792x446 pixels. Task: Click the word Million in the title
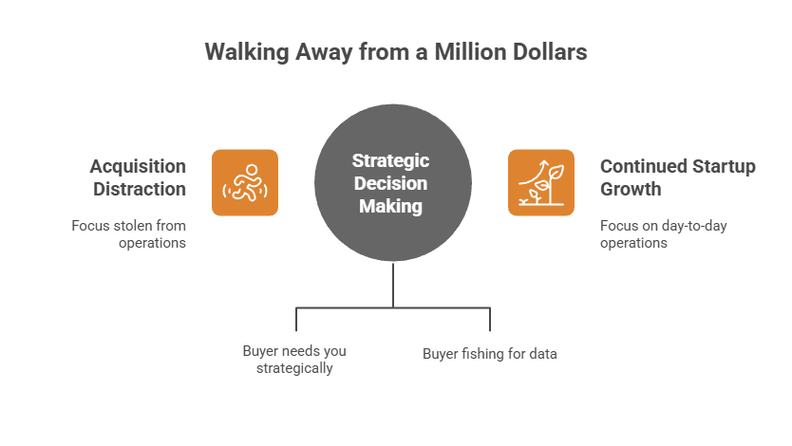(467, 52)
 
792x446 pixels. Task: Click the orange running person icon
(245, 182)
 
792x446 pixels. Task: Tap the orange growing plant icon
(541, 182)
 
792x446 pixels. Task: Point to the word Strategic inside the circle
(392, 160)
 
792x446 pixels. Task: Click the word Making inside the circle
(391, 206)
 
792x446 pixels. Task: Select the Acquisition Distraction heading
(139, 177)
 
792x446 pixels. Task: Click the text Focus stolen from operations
(128, 234)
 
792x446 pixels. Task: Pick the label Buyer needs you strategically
(294, 359)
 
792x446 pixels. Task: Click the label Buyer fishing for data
(489, 354)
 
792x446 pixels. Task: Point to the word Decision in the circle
(392, 183)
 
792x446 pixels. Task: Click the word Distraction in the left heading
(140, 189)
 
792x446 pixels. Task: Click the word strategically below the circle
(294, 368)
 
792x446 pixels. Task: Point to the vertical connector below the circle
(393, 284)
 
